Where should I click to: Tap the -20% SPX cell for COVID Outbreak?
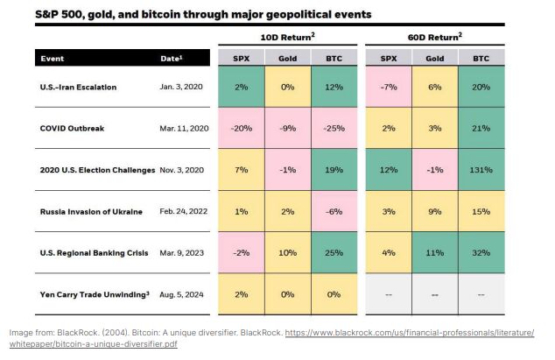coord(241,128)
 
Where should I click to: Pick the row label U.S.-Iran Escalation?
coord(78,87)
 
